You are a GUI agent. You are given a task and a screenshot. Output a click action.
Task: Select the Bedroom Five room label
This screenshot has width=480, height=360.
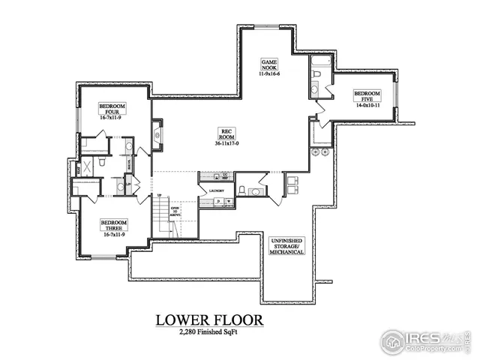[x=367, y=96]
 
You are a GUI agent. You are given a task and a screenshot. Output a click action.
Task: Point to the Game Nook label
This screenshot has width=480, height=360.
[x=269, y=64]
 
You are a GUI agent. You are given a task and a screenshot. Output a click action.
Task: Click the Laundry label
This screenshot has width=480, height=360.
[x=219, y=190]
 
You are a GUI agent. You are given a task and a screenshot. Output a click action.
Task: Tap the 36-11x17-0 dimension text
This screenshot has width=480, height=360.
[x=226, y=143]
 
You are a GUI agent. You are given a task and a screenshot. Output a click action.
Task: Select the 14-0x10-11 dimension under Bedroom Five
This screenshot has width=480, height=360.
[x=367, y=106]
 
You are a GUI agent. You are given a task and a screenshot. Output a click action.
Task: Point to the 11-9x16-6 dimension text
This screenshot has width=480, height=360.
[x=269, y=74]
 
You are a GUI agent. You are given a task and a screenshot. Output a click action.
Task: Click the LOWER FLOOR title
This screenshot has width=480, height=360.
[x=209, y=320]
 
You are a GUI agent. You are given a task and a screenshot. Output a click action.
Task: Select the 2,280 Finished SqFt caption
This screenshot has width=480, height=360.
[x=209, y=332]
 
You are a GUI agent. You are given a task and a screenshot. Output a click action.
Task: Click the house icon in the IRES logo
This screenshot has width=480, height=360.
[x=393, y=341]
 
